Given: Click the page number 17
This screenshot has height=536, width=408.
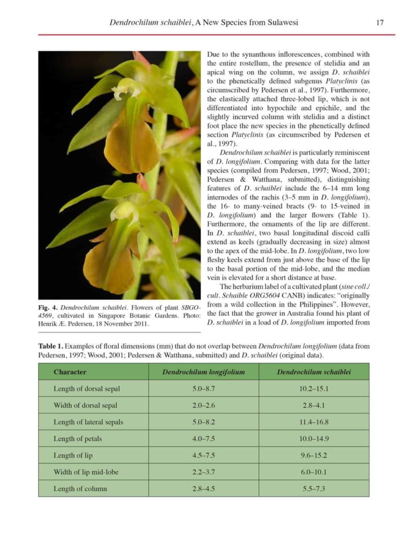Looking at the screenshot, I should (x=379, y=22).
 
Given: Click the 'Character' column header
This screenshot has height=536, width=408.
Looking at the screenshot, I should (x=70, y=372).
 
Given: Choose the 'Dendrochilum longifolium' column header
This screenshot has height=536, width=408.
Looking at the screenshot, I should (x=203, y=372).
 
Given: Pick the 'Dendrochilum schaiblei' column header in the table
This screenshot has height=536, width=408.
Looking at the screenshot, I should (x=314, y=372).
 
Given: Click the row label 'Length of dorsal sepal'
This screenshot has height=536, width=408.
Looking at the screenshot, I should (x=87, y=389).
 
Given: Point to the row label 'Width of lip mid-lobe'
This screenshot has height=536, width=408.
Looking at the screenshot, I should (x=86, y=472).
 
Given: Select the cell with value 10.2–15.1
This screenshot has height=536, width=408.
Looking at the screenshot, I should (x=314, y=389).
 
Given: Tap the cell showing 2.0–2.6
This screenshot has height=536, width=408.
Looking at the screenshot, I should (x=203, y=405).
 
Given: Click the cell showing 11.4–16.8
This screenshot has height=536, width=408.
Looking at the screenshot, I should (x=314, y=422).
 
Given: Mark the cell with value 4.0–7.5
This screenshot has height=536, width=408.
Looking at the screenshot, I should (x=203, y=439).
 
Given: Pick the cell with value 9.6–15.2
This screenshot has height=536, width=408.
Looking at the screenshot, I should (x=314, y=455).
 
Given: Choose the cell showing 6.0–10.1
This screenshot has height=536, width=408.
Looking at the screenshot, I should (x=314, y=472).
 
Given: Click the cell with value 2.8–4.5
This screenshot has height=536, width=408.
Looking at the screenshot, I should (x=203, y=489).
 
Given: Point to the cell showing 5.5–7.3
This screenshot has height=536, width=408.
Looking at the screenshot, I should (x=314, y=489).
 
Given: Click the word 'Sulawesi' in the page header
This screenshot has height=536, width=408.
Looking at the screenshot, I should (x=279, y=22).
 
